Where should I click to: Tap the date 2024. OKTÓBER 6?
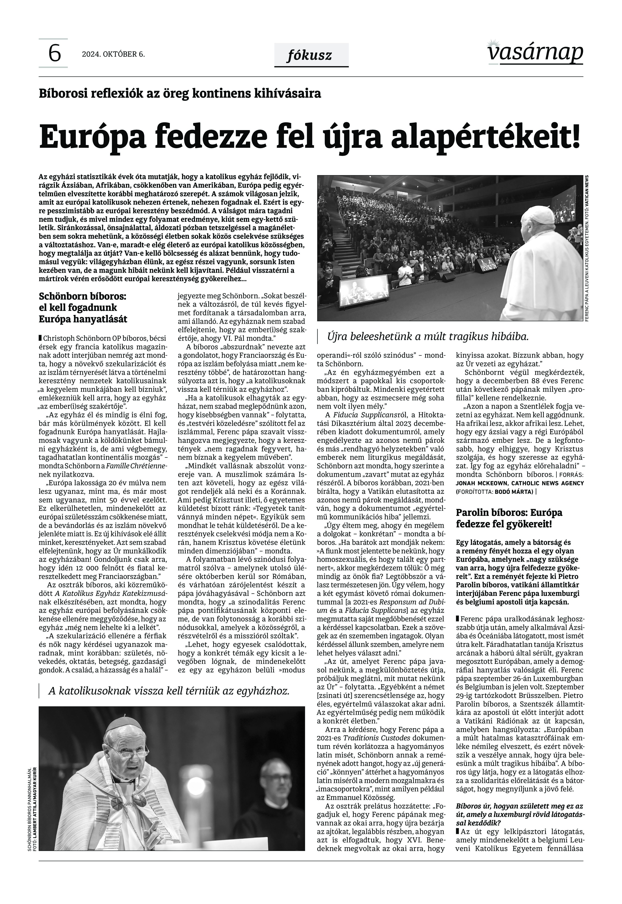pyautogui.click(x=113, y=54)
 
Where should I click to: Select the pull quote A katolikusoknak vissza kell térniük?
pyautogui.click(x=169, y=691)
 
